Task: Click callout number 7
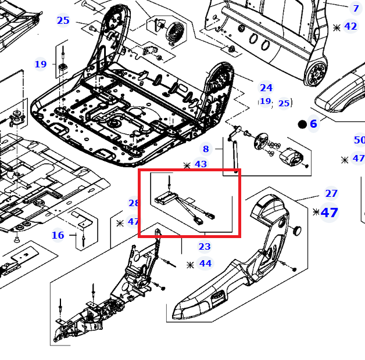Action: (x=356, y=9)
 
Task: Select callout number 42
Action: (x=350, y=26)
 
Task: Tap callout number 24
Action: (x=266, y=88)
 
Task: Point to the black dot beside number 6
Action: (x=302, y=124)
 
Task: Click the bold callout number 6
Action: (x=313, y=124)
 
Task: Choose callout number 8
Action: (x=206, y=149)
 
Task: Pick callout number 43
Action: (x=201, y=164)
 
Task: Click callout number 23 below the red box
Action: (x=205, y=246)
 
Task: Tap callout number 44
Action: (x=205, y=264)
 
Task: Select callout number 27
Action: (x=331, y=193)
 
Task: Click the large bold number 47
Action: (x=329, y=213)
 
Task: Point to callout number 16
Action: (x=58, y=235)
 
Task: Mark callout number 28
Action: (x=134, y=203)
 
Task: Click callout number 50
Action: (x=359, y=140)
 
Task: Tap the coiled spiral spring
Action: (x=175, y=31)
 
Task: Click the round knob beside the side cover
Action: (x=297, y=231)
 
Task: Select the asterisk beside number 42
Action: (x=337, y=28)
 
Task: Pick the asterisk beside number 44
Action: (x=190, y=265)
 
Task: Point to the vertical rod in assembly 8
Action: (x=235, y=157)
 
